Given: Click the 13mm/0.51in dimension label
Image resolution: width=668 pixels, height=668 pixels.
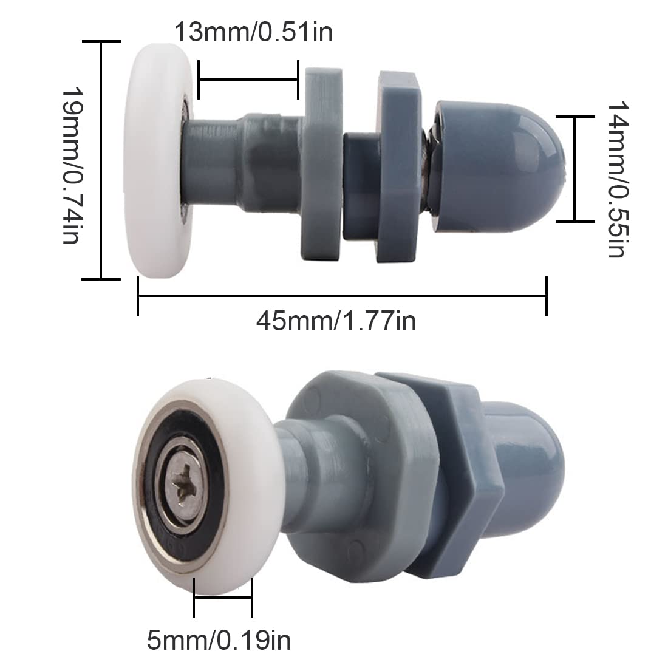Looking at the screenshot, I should (x=254, y=32).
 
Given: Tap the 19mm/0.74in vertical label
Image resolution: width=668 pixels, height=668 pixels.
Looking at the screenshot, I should (x=71, y=165).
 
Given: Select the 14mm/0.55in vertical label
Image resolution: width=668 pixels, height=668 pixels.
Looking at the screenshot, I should (x=616, y=179).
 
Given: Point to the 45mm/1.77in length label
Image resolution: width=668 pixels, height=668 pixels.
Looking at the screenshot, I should (x=336, y=320).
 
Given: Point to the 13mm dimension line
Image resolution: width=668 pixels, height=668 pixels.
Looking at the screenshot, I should (x=248, y=80).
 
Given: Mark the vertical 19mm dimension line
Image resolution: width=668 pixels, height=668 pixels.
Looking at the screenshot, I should (x=101, y=160).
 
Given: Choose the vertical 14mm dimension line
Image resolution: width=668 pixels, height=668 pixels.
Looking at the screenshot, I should (x=574, y=169).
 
